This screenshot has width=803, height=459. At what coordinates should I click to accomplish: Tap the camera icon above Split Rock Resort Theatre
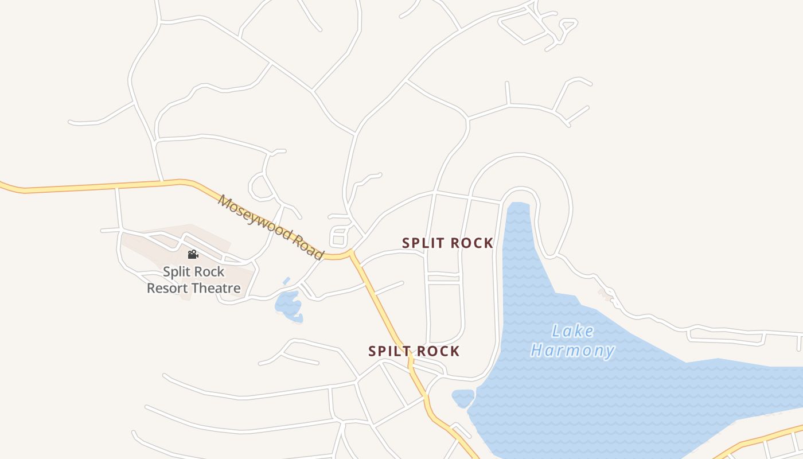[x=193, y=254]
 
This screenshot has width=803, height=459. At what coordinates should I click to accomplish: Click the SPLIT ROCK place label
[x=447, y=243]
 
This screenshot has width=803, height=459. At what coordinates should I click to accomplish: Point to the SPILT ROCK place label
[x=414, y=351]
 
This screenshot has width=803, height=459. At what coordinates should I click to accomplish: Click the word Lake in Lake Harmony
[x=572, y=331]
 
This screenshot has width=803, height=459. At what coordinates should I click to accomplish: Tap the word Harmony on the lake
[x=572, y=350]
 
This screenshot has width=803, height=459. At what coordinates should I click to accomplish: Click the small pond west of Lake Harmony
[x=463, y=398]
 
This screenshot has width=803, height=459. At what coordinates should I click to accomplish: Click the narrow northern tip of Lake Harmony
[x=519, y=209]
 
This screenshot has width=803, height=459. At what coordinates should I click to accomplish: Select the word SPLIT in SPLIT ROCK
[x=423, y=243]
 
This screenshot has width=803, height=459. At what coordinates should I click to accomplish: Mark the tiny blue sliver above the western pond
[x=286, y=281]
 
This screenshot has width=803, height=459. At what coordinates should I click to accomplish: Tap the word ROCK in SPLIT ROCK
[x=471, y=243]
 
